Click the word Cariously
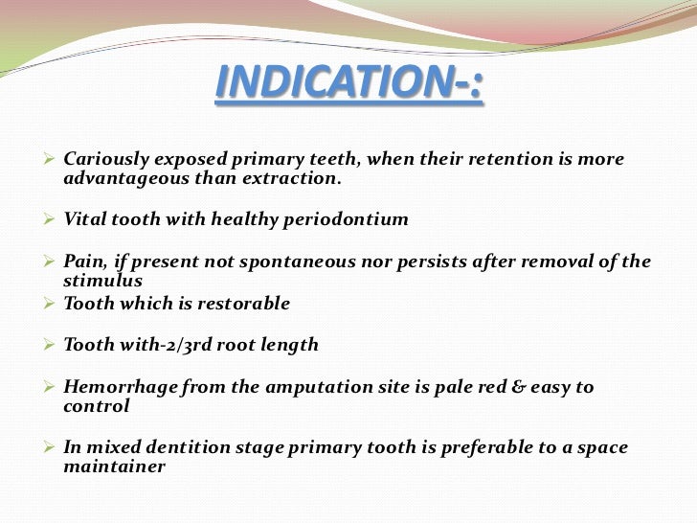coord(102,158)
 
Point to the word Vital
coord(83,219)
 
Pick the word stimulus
coord(102,282)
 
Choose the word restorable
coord(239,304)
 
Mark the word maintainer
coord(114,468)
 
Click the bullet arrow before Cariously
coord(53,158)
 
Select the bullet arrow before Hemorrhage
coord(53,386)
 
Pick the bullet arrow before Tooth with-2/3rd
coord(53,345)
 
